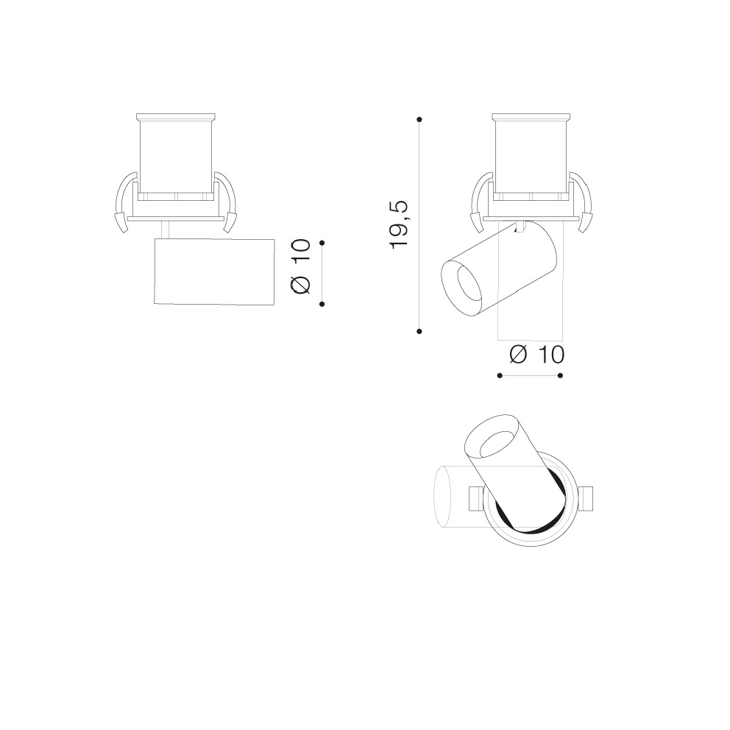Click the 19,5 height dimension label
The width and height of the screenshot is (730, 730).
[400, 225]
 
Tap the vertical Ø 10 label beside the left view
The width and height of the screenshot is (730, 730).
[300, 266]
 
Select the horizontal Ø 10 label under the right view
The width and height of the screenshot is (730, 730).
[536, 355]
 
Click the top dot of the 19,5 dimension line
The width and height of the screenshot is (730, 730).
[419, 120]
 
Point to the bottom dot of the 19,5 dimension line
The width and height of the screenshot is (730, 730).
[419, 331]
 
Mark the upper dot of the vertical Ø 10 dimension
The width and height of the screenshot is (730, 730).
[322, 243]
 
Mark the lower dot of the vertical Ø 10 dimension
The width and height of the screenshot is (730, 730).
[322, 304]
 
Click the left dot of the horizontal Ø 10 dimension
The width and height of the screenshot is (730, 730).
[500, 375]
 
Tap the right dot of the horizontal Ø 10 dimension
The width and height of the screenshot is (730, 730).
[561, 375]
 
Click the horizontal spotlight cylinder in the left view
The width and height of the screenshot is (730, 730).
[214, 272]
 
